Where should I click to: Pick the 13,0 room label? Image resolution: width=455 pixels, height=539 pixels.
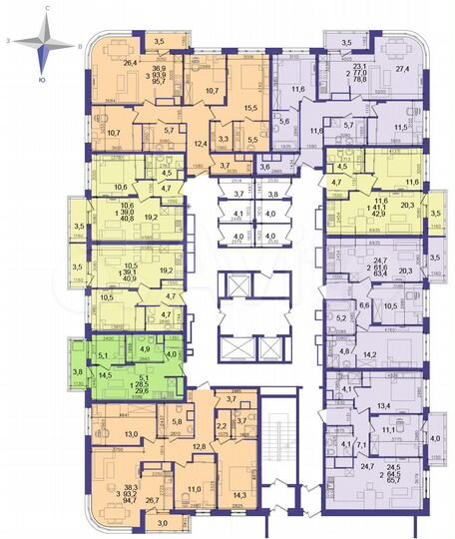pos(129,435)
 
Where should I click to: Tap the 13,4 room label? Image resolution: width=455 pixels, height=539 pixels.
pos(383,406)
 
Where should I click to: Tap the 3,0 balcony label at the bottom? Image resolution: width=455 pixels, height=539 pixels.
pos(163,520)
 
